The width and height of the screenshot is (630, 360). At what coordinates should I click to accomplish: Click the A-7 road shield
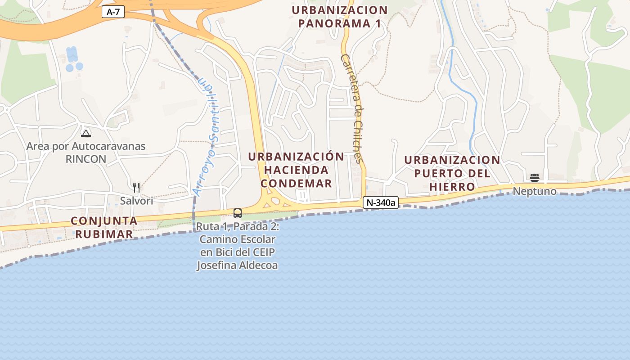(x=113, y=12)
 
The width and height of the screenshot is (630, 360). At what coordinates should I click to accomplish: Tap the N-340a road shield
(x=381, y=203)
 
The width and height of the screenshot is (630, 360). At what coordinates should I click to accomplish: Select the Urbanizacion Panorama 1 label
(x=339, y=17)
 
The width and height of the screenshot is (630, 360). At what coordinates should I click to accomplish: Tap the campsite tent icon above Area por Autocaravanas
(x=85, y=133)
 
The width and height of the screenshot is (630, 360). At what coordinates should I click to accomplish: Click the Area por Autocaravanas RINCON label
(x=86, y=153)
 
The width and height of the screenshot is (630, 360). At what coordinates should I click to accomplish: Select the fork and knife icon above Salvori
(x=136, y=188)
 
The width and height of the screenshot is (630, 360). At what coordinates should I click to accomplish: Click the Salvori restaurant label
(x=136, y=201)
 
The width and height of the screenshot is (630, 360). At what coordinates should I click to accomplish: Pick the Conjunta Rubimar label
(x=104, y=227)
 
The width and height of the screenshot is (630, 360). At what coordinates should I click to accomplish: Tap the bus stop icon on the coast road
(x=238, y=213)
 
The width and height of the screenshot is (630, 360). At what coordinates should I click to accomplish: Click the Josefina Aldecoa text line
(x=237, y=265)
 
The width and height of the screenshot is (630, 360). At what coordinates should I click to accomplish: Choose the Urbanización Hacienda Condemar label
(x=296, y=170)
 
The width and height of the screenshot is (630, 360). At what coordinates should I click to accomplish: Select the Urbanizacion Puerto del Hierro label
(x=452, y=173)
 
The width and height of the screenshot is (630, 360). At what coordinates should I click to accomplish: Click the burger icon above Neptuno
(x=535, y=177)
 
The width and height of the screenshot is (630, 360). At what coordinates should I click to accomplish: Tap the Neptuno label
(x=535, y=191)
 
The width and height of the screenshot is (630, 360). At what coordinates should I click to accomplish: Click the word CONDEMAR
(x=296, y=184)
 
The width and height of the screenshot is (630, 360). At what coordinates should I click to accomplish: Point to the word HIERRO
(x=452, y=187)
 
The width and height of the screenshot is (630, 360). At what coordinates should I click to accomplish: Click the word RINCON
(x=86, y=159)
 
